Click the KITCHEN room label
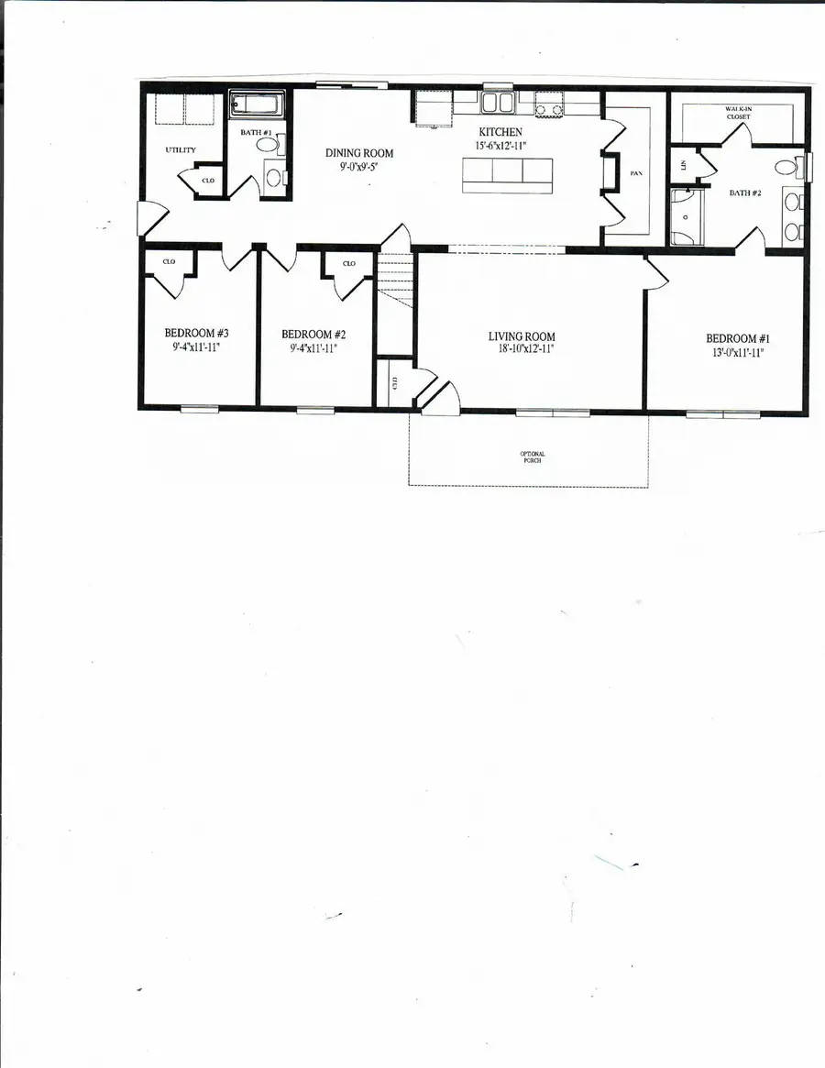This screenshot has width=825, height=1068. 500,133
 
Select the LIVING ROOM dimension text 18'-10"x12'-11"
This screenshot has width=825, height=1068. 521,348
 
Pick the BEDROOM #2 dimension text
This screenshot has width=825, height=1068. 313,347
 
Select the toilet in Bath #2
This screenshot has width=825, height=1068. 785,168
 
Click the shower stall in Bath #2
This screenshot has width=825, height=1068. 687,217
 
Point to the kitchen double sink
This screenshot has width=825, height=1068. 498,102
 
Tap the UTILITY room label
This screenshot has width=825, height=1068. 181,149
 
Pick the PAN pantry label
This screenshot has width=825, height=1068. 634,172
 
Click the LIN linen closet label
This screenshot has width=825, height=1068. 683,164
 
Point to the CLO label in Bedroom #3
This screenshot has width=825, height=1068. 169,261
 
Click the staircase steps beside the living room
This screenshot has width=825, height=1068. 395,275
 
